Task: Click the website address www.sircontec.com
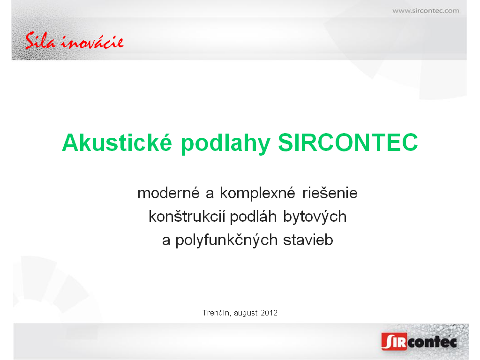(x=426, y=11)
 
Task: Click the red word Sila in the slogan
(x=40, y=41)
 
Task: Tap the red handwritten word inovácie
(x=92, y=42)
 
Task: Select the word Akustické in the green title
(x=117, y=142)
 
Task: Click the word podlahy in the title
(x=225, y=143)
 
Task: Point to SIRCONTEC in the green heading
(x=348, y=142)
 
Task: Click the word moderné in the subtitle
(x=168, y=193)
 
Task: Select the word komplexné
(x=257, y=194)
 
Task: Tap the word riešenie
(x=330, y=193)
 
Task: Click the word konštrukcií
(x=187, y=216)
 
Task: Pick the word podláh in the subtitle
(x=253, y=217)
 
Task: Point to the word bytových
(x=315, y=217)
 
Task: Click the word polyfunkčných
(x=226, y=240)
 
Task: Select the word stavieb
(x=308, y=240)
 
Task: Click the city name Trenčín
(x=217, y=313)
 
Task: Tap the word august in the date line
(x=246, y=313)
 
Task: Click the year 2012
(x=269, y=313)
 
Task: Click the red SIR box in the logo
(x=394, y=341)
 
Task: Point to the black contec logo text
(x=432, y=342)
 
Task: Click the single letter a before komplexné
(x=210, y=194)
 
